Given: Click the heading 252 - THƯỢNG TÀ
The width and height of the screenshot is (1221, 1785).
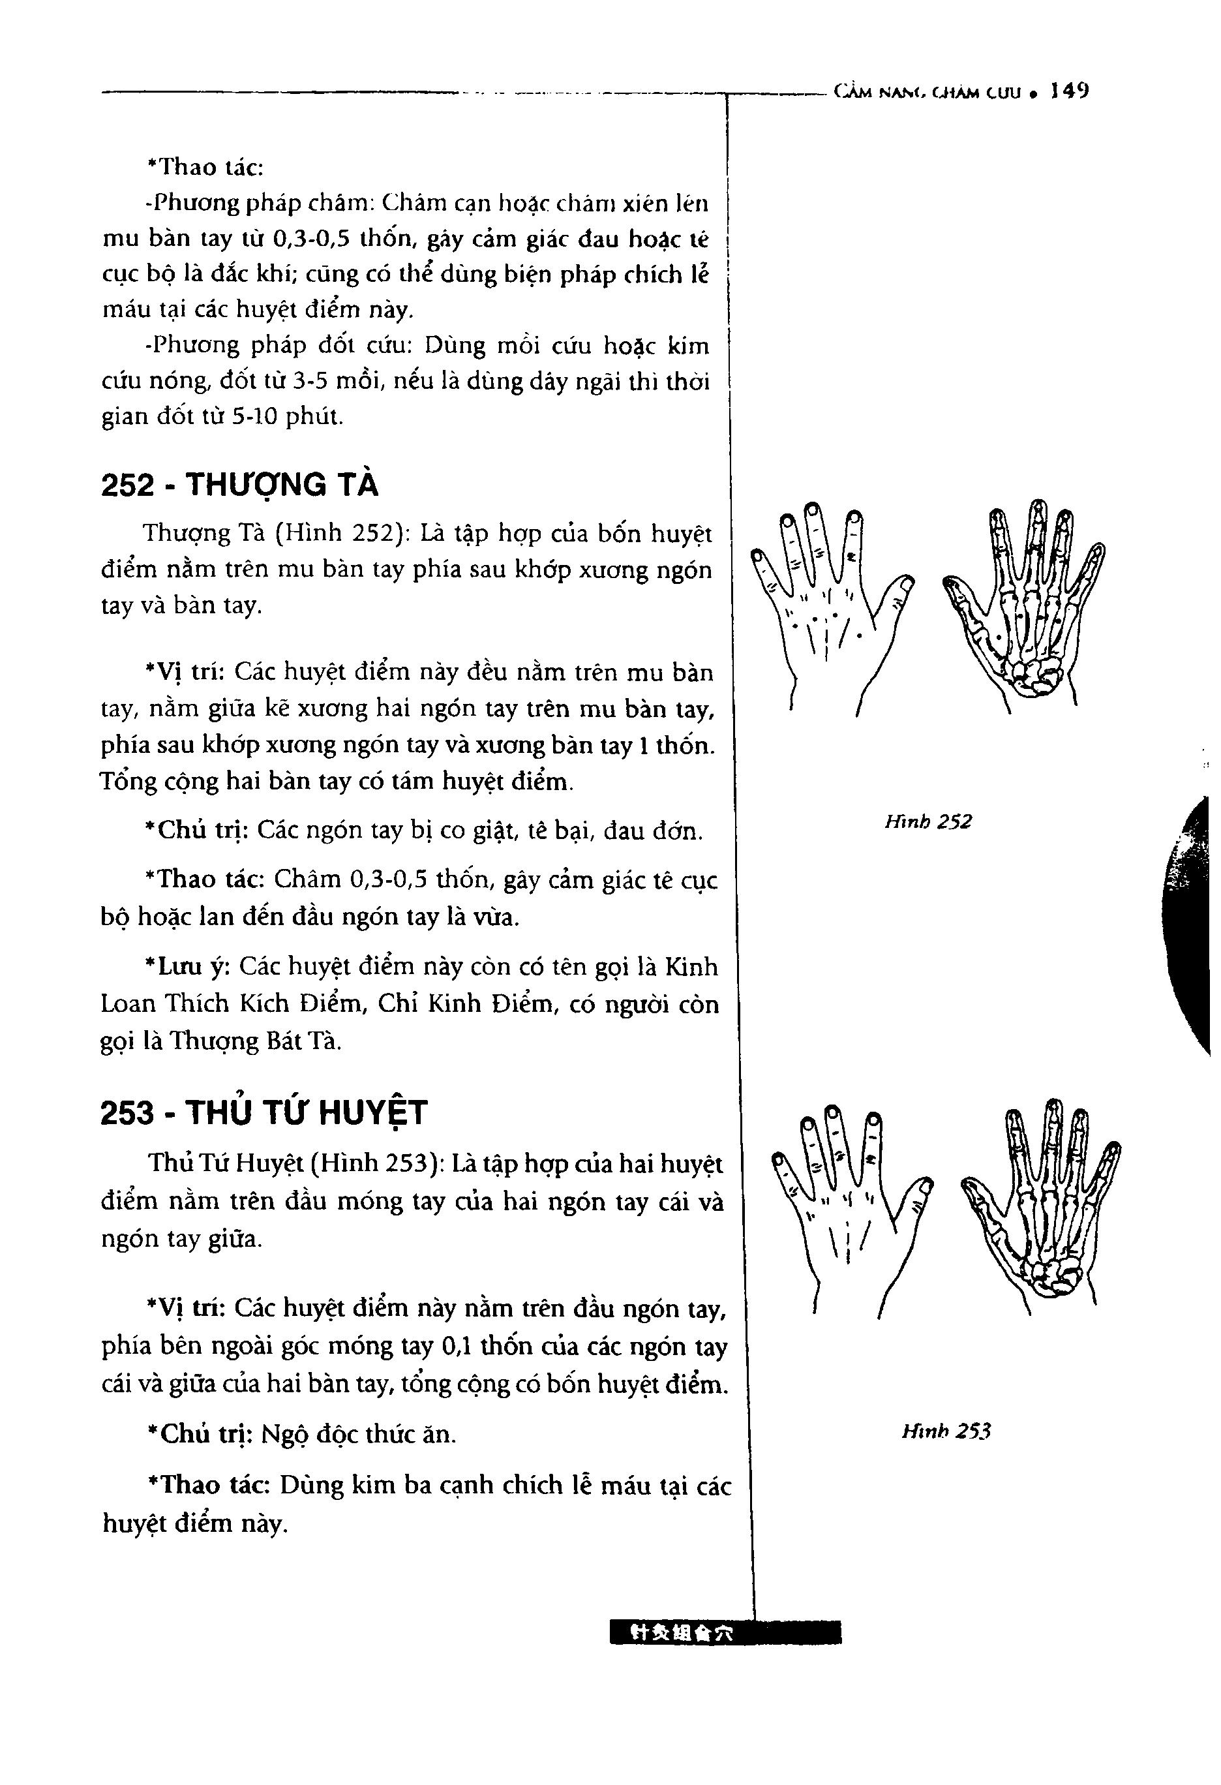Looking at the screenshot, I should [x=239, y=485].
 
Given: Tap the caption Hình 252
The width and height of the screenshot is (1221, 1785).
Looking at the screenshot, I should [x=927, y=822].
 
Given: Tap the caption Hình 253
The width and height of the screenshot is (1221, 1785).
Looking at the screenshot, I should [x=946, y=1430].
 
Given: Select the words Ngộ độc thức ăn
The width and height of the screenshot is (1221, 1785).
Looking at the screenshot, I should [x=359, y=1433].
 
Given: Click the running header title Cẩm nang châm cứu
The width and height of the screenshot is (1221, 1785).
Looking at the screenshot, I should [x=929, y=93].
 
